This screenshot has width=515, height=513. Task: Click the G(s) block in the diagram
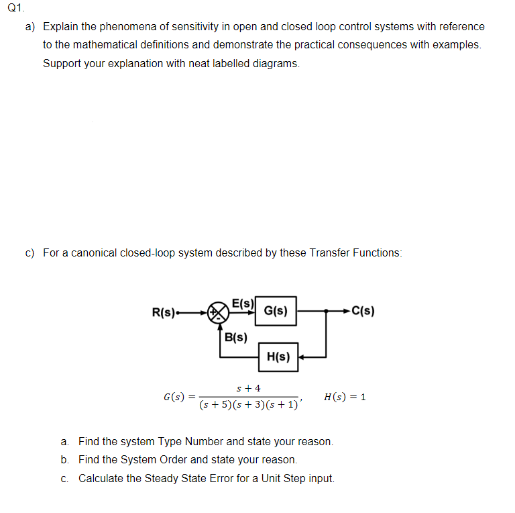(276, 311)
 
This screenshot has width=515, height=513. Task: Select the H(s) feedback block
(278, 357)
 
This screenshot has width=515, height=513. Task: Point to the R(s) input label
(164, 312)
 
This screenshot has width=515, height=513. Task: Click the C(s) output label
(363, 311)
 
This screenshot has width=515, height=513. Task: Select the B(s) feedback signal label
(235, 337)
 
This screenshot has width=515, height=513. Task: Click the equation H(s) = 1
(345, 397)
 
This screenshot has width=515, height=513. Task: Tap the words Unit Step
(278, 478)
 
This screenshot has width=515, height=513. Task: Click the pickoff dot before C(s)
(327, 312)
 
